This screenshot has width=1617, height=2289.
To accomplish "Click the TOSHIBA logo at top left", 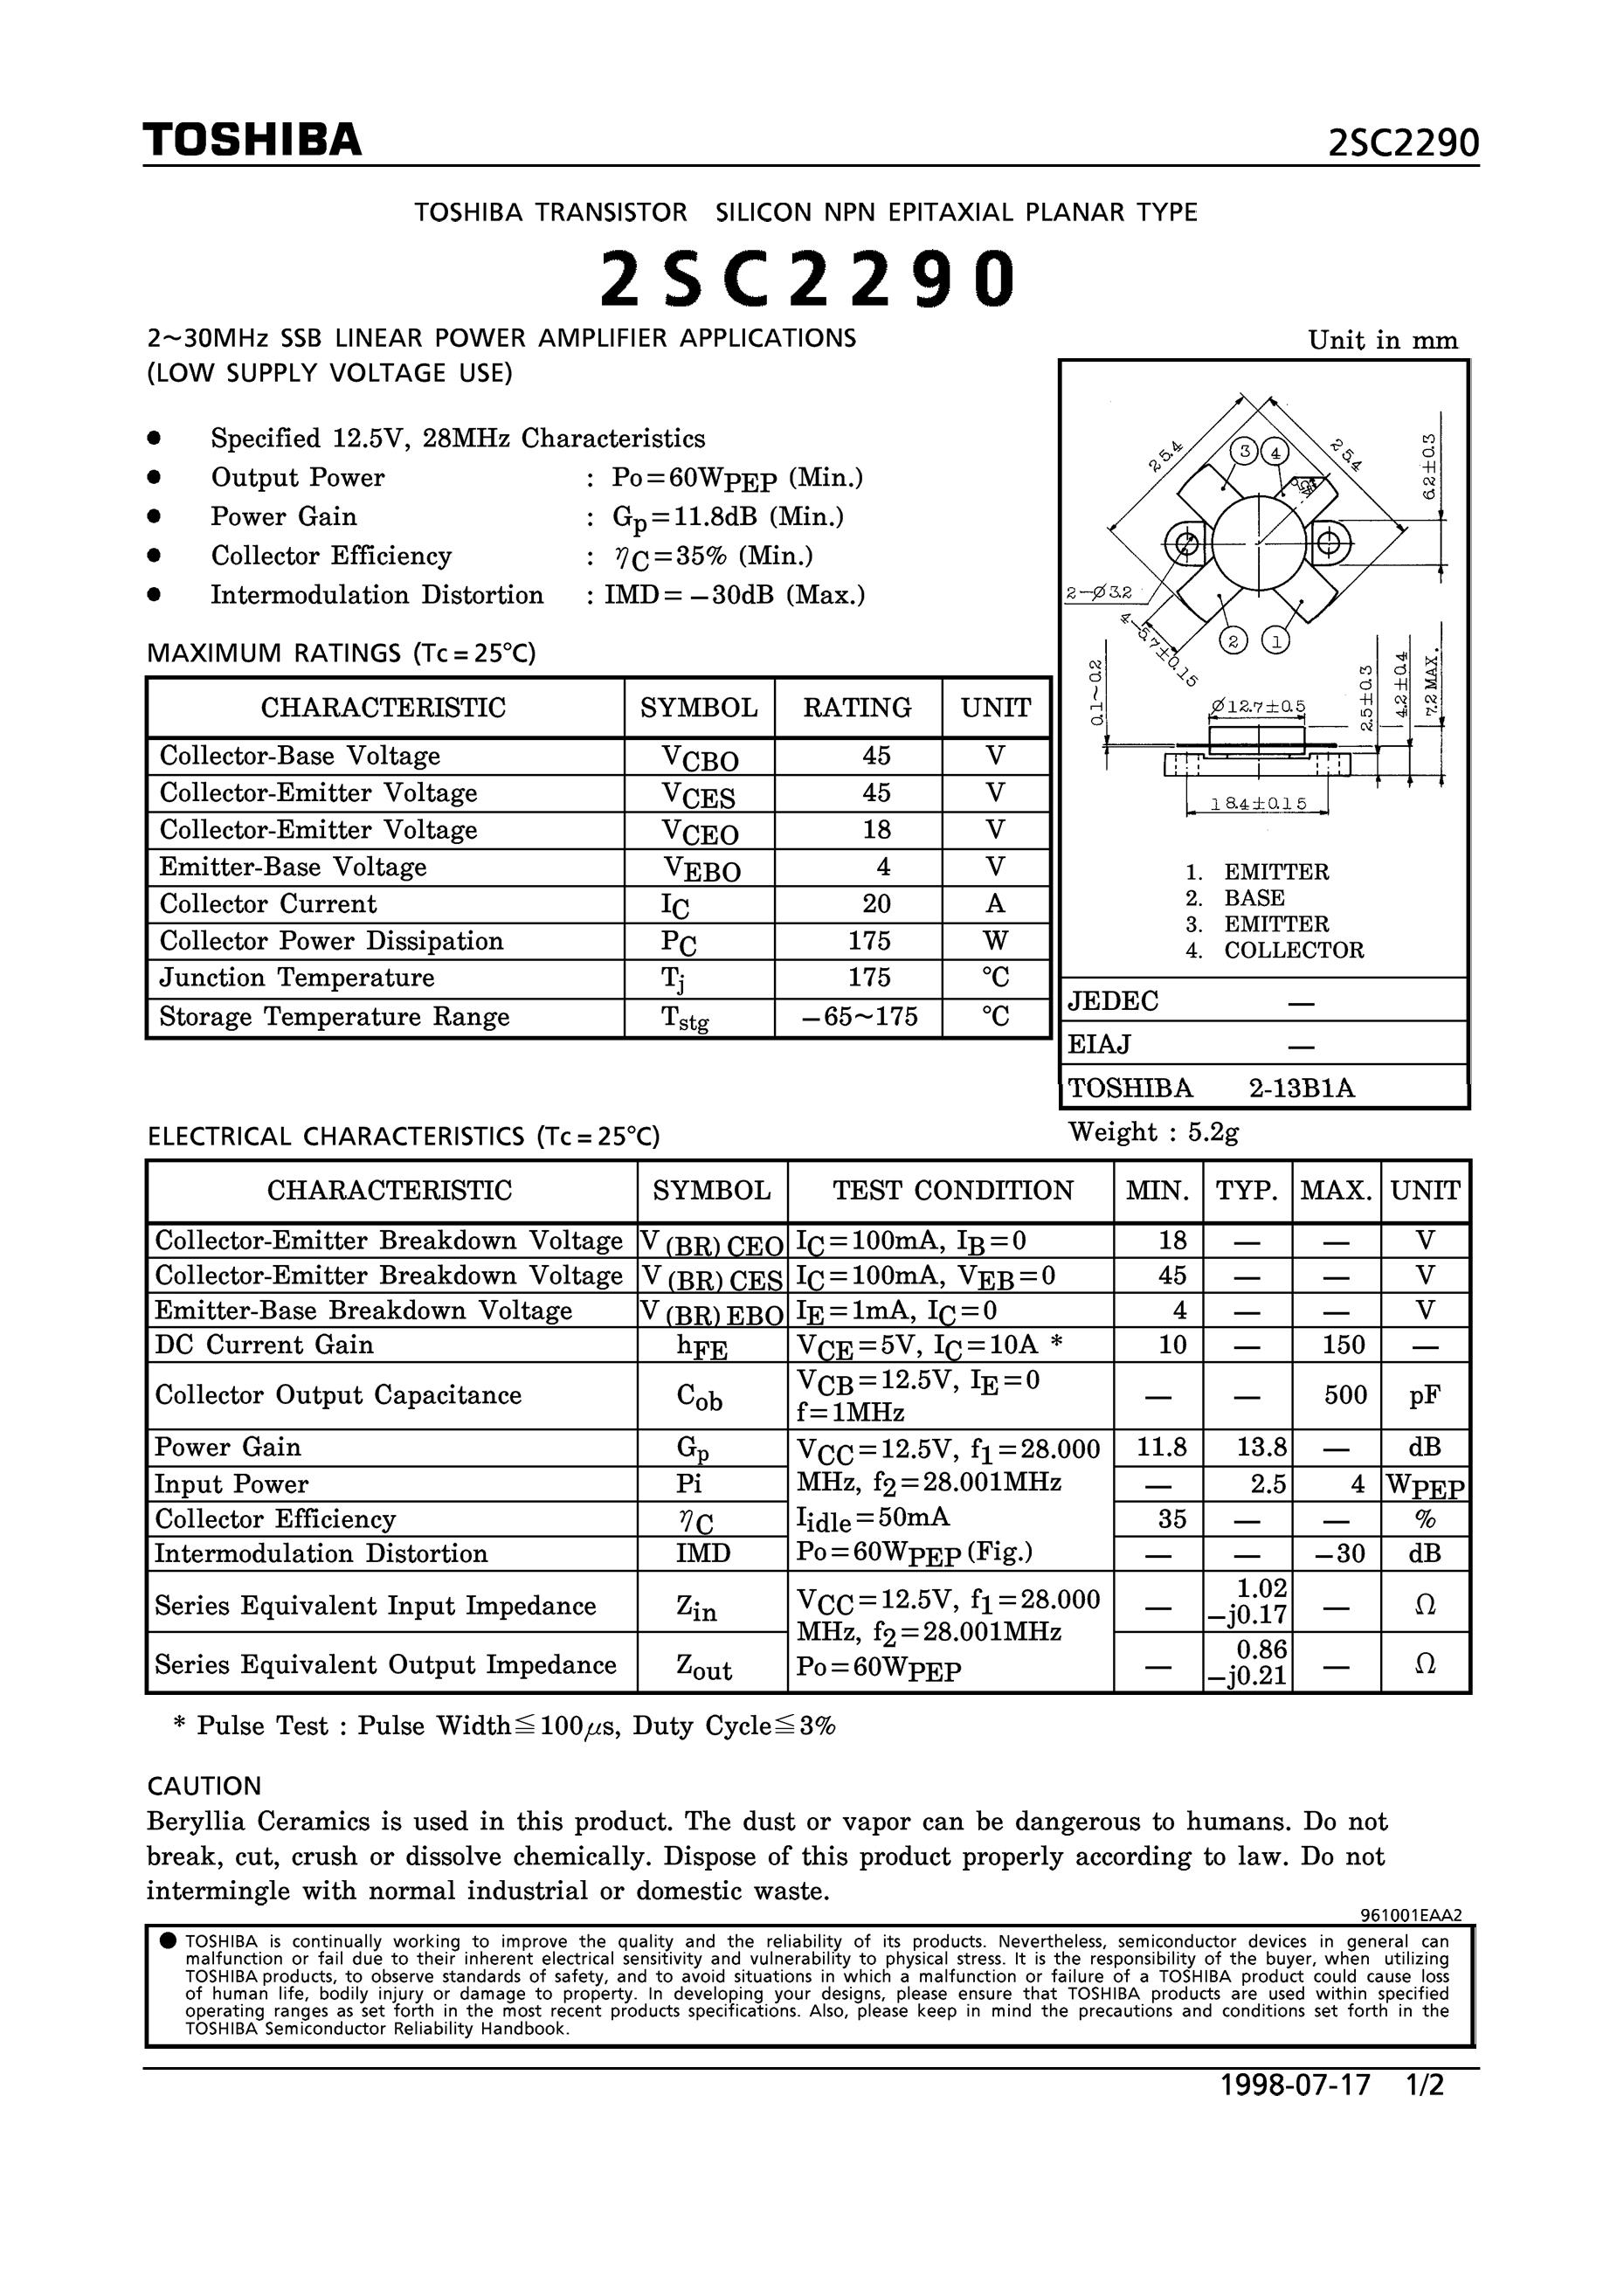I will coord(252,141).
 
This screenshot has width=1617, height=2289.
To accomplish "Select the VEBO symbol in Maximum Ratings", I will coord(701,869).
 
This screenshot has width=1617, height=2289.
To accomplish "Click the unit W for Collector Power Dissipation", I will coord(995,941).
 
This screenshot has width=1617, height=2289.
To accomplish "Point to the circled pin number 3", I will coord(1244,452).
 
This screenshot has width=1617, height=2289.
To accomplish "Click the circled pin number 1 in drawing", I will coord(1275,640).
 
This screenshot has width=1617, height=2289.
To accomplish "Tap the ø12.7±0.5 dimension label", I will coord(1258,707).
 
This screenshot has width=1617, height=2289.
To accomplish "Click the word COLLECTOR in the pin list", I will coord(1293,950).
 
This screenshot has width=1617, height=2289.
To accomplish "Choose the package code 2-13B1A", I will coord(1302,1088).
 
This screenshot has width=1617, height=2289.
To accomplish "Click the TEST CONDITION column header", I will coord(952,1190).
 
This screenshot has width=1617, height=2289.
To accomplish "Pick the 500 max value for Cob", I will coord(1344,1394).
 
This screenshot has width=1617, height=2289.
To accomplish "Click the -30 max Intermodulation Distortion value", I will coord(1342,1553).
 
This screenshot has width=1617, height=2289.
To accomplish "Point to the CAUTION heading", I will coord(204,1786).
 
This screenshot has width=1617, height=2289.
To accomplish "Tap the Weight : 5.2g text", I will coord(1153,1131).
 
